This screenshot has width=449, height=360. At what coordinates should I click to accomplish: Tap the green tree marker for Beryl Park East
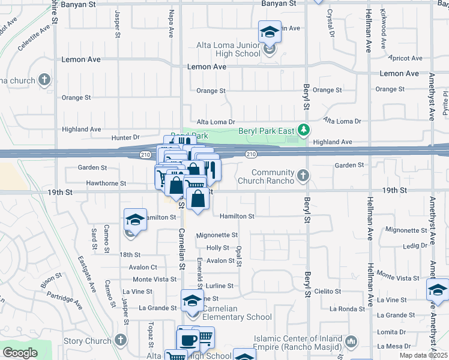(x=304, y=130)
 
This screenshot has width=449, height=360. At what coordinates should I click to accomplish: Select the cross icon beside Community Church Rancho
(x=304, y=176)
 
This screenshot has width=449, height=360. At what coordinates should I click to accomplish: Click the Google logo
(x=20, y=353)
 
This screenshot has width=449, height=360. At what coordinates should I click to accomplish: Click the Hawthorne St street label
(x=106, y=183)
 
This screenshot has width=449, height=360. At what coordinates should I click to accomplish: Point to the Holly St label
(x=218, y=248)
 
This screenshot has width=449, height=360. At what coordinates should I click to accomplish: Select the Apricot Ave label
(x=406, y=58)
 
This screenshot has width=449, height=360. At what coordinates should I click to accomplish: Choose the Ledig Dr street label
(x=415, y=245)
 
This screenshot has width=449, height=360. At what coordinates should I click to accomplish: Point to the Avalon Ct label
(x=145, y=267)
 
